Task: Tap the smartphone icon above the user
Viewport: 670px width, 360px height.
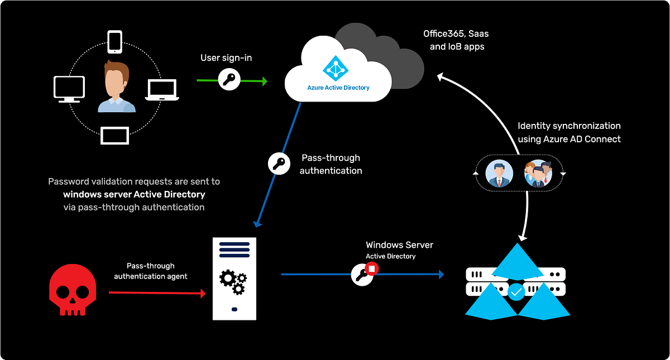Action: pyautogui.click(x=115, y=42)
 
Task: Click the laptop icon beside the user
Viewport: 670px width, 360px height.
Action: pyautogui.click(x=162, y=90)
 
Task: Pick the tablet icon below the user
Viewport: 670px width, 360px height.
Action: pyautogui.click(x=115, y=136)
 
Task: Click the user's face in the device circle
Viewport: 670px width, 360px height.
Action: pyautogui.click(x=116, y=80)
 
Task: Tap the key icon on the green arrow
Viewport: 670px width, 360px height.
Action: pyautogui.click(x=229, y=80)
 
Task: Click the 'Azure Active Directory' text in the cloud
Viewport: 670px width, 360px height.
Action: pyautogui.click(x=338, y=88)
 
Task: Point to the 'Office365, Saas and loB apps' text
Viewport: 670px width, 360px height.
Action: pyautogui.click(x=456, y=40)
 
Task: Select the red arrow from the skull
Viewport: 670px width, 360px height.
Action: pyautogui.click(x=157, y=292)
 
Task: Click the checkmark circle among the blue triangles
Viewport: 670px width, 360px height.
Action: pyautogui.click(x=516, y=291)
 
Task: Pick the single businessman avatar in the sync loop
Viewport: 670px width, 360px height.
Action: pyautogui.click(x=499, y=174)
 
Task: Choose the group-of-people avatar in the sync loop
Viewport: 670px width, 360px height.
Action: pyautogui.click(x=538, y=174)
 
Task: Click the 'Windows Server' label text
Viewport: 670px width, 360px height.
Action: pyautogui.click(x=399, y=245)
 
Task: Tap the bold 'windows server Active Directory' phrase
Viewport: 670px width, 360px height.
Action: pyautogui.click(x=134, y=194)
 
